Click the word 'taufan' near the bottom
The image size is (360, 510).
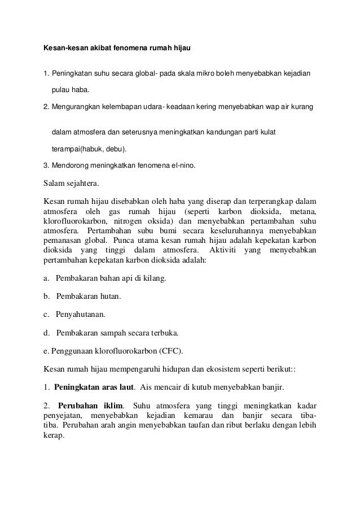point(207,427)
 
